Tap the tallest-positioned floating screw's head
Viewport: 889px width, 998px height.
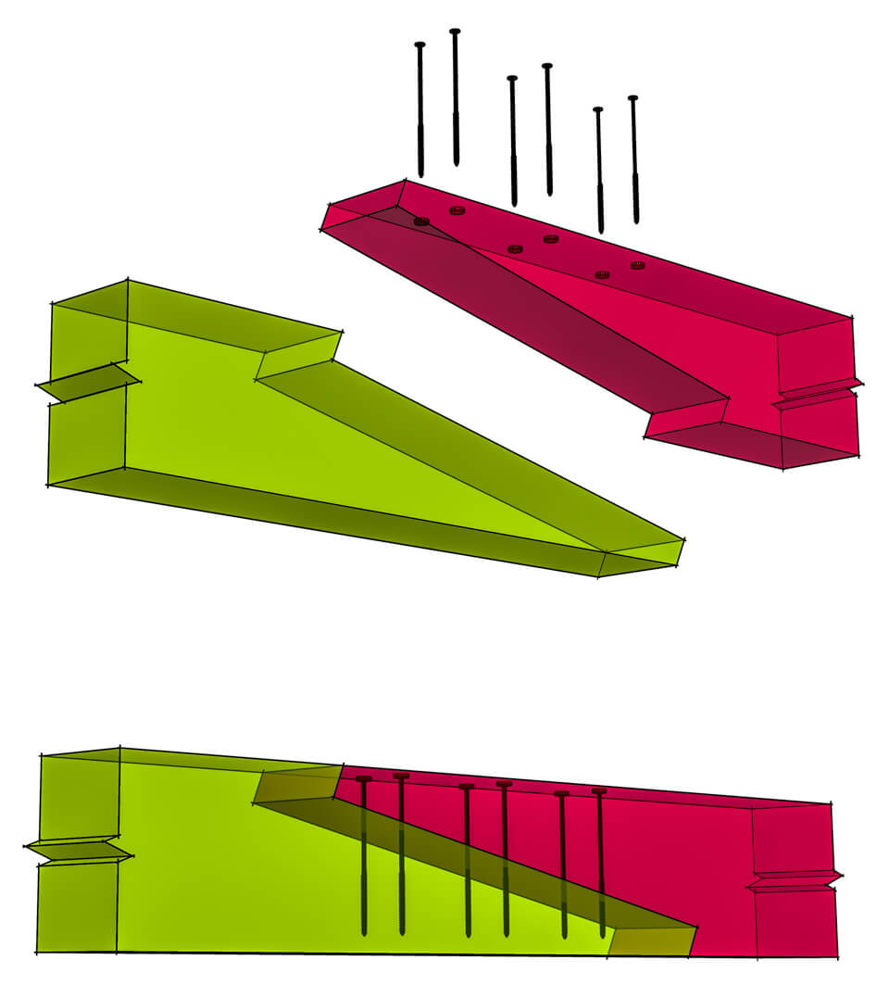[455, 32]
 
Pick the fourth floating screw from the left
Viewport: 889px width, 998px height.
[548, 130]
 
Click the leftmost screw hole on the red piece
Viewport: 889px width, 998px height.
[421, 221]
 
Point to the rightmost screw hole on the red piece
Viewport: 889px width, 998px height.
[637, 266]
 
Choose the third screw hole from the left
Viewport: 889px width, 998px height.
[516, 248]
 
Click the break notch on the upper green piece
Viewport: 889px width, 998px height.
[88, 383]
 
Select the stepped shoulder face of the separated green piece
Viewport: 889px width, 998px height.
[298, 357]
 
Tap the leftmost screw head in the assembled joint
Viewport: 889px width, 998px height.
[363, 778]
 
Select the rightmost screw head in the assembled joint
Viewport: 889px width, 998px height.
[599, 790]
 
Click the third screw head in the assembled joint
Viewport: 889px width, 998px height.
[466, 787]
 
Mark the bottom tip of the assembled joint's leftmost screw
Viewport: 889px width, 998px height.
[364, 931]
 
